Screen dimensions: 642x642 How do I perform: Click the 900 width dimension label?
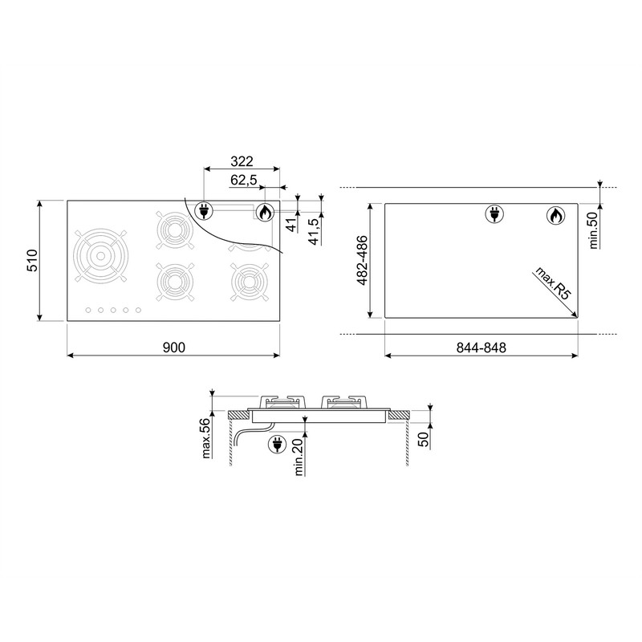click(x=174, y=347)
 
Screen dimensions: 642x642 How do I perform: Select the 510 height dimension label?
click(x=32, y=260)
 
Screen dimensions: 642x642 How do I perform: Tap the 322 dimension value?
click(x=242, y=161)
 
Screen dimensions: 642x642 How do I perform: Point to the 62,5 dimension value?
click(x=244, y=180)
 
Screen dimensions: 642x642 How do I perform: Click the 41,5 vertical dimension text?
click(x=314, y=232)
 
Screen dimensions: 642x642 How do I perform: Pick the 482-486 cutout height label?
click(x=362, y=260)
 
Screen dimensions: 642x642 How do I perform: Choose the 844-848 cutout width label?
click(x=481, y=347)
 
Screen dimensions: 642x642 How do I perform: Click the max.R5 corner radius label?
click(x=552, y=284)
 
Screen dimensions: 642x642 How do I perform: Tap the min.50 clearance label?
click(x=593, y=231)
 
